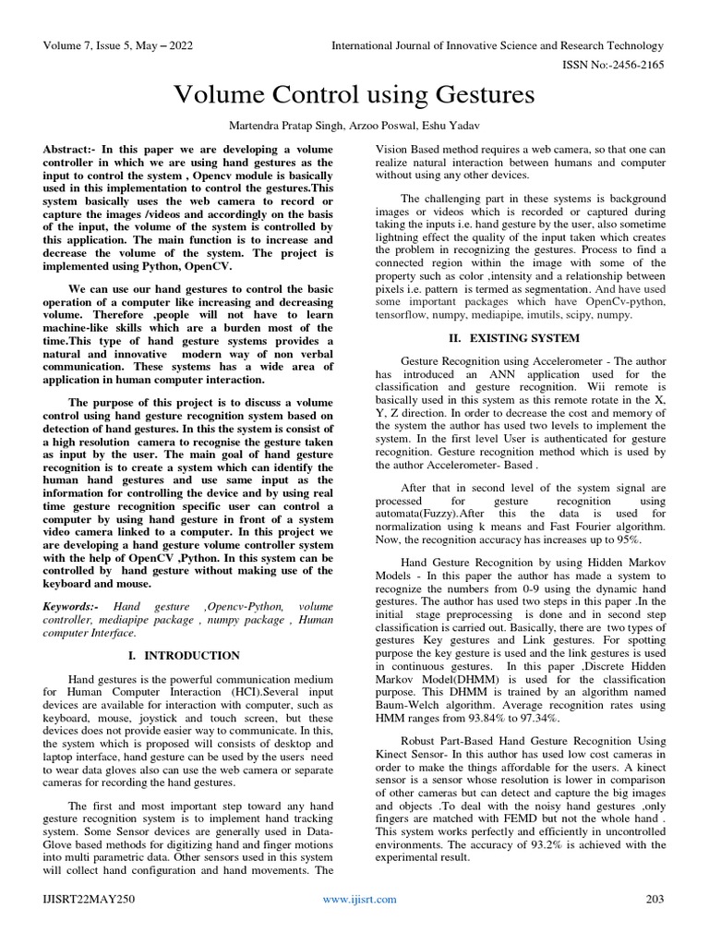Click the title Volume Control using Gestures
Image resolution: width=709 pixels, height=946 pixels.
click(x=354, y=95)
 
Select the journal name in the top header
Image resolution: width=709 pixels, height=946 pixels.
click(x=499, y=46)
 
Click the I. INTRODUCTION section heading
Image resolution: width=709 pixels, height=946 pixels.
click(x=186, y=655)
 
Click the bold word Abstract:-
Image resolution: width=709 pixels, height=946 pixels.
click(x=74, y=150)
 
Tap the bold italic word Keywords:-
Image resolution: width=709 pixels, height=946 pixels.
click(x=75, y=605)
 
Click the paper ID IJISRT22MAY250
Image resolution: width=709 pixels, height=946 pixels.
click(x=88, y=899)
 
